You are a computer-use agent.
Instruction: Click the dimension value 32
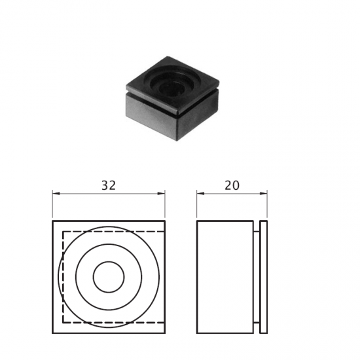pyautogui.click(x=109, y=185)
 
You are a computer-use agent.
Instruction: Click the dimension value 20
pyautogui.click(x=232, y=185)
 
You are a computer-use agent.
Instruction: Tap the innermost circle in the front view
pyautogui.click(x=109, y=277)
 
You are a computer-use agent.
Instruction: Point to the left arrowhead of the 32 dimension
pyautogui.click(x=56, y=194)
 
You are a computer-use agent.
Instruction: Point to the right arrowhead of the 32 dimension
pyautogui.click(x=162, y=194)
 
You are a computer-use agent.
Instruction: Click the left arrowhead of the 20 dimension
pyautogui.click(x=200, y=194)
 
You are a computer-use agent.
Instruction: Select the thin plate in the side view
pyautogui.click(x=263, y=277)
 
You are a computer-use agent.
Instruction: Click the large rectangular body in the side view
pyautogui.click(x=225, y=277)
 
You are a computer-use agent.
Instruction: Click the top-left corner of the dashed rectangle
pyautogui.click(x=62, y=232)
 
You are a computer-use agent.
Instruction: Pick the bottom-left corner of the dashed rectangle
pyautogui.click(x=62, y=323)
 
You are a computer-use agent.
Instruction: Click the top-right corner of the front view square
pyautogui.click(x=165, y=221)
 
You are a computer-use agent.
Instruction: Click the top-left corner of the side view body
pyautogui.click(x=197, y=221)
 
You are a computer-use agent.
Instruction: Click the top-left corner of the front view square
pyautogui.click(x=52, y=221)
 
